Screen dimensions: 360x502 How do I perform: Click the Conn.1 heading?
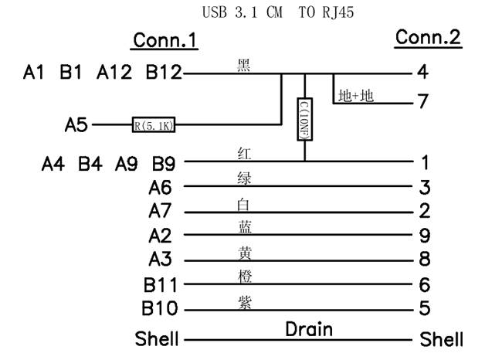(165, 40)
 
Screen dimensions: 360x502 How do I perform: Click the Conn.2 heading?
(429, 37)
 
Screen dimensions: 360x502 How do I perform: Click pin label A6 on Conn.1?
(164, 187)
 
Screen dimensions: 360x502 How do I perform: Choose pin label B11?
(159, 284)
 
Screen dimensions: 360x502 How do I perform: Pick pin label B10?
(159, 309)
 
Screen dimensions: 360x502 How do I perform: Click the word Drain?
(309, 330)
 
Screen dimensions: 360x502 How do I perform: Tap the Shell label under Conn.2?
(442, 339)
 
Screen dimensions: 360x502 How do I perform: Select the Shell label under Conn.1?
(157, 339)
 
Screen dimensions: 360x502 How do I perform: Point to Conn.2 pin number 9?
(422, 236)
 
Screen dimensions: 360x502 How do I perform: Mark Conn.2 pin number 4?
(422, 73)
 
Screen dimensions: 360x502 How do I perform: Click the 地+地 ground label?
(355, 96)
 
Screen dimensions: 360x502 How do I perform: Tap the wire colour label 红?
(244, 154)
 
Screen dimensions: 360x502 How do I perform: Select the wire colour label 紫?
(244, 300)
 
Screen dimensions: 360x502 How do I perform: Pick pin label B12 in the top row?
(164, 73)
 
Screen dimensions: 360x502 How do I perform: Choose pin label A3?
(164, 260)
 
